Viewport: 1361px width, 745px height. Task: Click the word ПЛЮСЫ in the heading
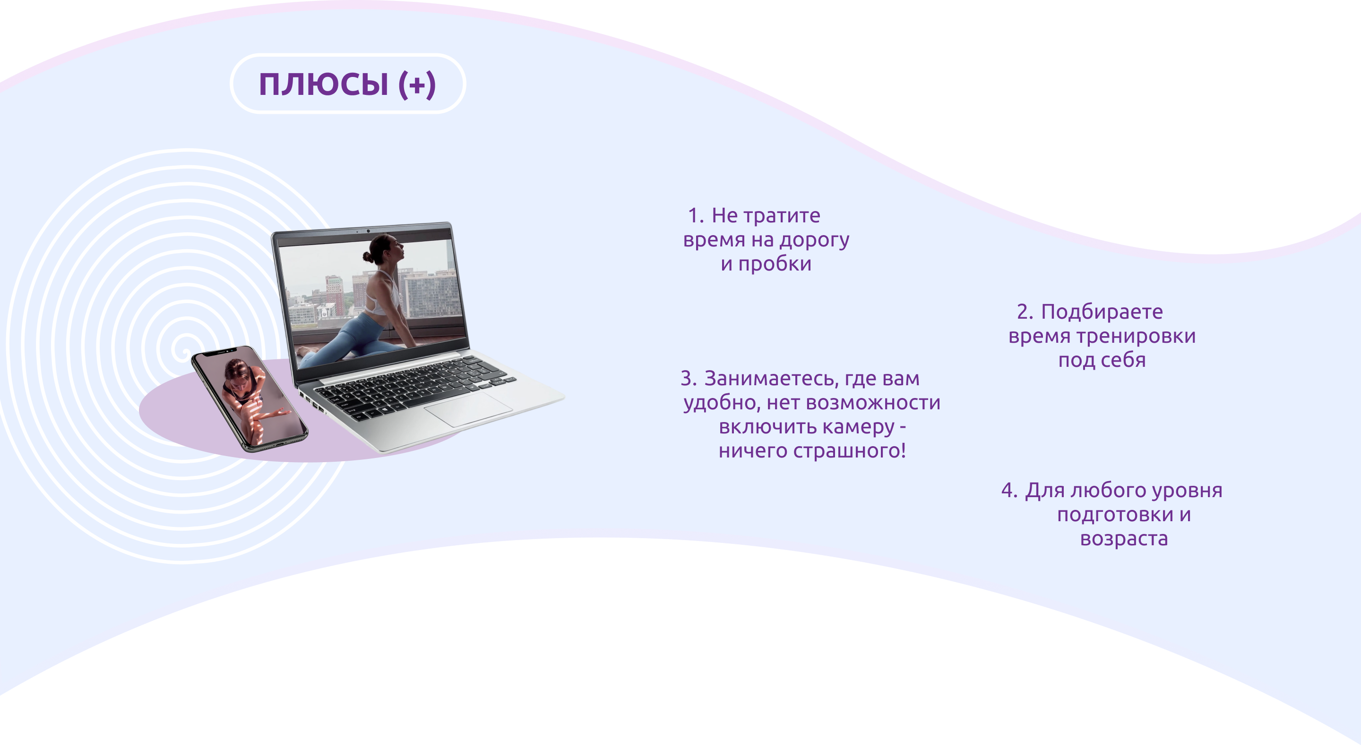click(x=323, y=84)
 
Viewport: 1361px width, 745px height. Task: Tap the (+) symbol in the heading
click(x=417, y=84)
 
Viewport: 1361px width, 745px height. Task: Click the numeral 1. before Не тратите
click(x=695, y=215)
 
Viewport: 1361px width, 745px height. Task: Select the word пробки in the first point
click(x=775, y=264)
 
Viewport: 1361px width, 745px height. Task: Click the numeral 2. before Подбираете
click(x=1025, y=312)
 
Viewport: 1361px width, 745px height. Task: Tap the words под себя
click(x=1102, y=361)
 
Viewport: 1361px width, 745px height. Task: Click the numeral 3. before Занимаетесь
click(x=688, y=379)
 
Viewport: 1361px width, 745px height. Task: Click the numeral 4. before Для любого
click(x=1008, y=491)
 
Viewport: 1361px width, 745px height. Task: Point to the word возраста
click(x=1124, y=539)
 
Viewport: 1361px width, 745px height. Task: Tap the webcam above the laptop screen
click(x=368, y=231)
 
